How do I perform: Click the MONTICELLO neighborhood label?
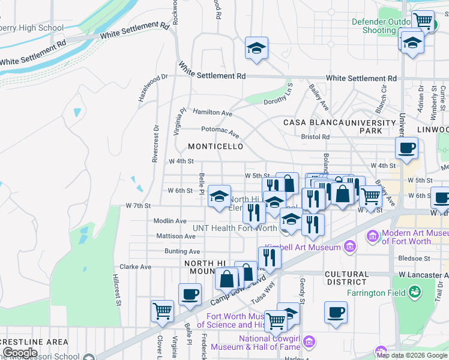click(215, 146)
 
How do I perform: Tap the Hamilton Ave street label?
click(212, 112)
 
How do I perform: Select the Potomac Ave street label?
click(220, 131)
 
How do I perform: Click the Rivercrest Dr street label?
click(155, 143)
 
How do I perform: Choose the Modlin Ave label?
click(170, 221)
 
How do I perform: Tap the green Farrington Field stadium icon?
click(414, 292)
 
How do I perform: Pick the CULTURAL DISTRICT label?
click(346, 278)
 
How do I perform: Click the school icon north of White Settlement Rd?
click(256, 48)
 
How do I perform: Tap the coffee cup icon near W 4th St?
click(406, 148)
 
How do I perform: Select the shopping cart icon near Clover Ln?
click(162, 310)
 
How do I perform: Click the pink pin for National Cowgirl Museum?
click(309, 341)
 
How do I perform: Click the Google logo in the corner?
click(20, 353)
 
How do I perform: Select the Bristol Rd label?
click(316, 137)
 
